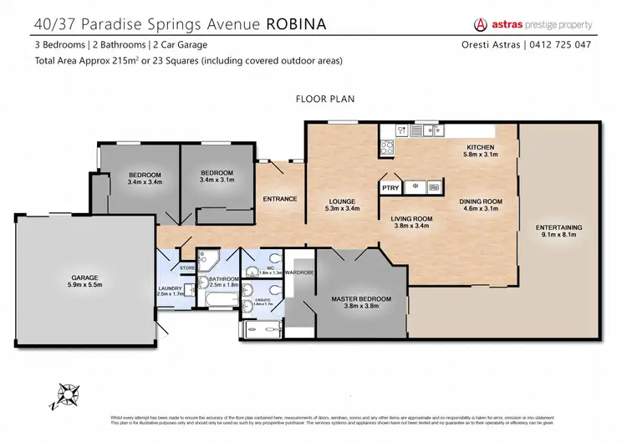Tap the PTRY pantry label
click(x=390, y=189)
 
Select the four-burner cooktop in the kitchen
click(x=388, y=148)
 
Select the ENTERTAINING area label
click(x=559, y=228)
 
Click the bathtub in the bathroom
click(x=216, y=298)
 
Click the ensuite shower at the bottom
click(x=261, y=331)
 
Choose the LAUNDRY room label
click(x=171, y=289)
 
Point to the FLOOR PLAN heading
click(x=325, y=99)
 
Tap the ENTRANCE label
click(x=279, y=199)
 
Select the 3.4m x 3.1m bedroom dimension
click(x=217, y=181)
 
